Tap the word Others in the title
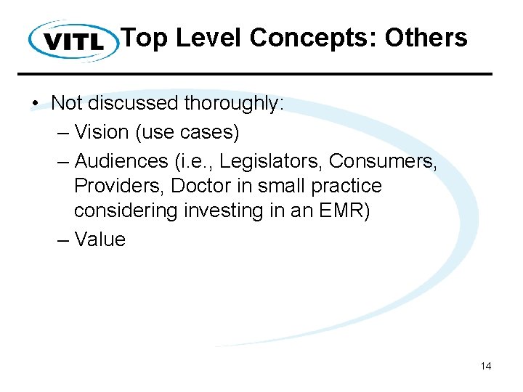click(426, 37)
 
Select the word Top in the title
click(144, 37)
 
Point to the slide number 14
click(486, 366)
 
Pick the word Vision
click(102, 133)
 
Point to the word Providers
click(119, 186)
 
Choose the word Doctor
click(203, 186)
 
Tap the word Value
click(100, 240)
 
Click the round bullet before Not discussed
click(36, 104)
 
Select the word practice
click(344, 186)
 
